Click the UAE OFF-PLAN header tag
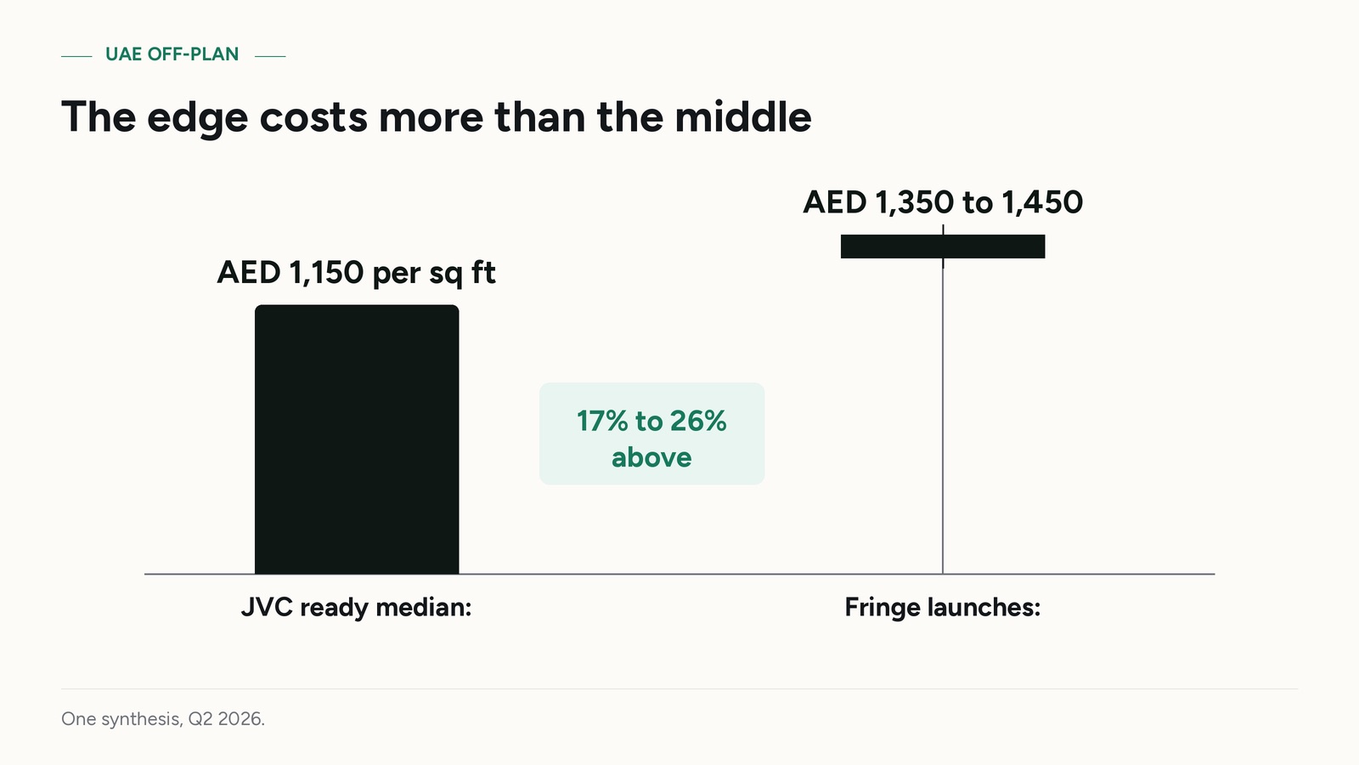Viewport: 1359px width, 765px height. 172,54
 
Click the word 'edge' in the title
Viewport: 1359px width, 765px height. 197,118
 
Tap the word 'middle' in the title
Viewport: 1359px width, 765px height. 743,116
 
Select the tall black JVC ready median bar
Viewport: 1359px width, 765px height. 357,439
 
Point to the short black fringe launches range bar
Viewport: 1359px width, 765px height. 943,246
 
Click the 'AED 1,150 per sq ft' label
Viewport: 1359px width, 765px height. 356,272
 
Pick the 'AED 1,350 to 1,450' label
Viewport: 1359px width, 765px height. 943,202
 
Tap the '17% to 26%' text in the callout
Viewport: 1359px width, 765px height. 651,421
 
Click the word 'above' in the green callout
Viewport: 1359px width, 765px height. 651,457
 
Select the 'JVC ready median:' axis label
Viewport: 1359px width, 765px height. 356,607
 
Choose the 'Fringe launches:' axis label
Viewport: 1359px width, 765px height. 943,607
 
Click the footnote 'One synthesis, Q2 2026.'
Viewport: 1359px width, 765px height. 163,719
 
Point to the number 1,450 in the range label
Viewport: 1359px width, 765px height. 1042,202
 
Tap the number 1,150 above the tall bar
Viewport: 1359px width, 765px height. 326,272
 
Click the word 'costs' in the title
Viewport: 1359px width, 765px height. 313,118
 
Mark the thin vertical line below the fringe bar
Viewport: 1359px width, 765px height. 943,416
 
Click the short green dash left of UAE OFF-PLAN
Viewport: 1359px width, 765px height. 76,56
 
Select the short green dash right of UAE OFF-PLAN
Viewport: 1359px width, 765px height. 270,56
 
